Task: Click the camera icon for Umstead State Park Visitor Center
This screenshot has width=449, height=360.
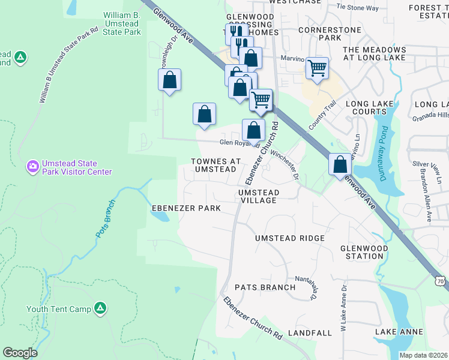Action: [32, 166]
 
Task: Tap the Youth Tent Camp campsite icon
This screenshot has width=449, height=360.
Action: [100, 308]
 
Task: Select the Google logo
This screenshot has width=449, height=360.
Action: [20, 353]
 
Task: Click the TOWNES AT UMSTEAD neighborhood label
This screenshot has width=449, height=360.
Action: [215, 166]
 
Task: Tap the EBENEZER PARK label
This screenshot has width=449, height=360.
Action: [185, 208]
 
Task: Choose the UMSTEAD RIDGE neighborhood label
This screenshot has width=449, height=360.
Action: [289, 238]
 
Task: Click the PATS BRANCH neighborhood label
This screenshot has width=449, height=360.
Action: [265, 287]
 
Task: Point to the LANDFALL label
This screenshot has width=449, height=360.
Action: [310, 332]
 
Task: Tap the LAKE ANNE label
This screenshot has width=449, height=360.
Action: [399, 332]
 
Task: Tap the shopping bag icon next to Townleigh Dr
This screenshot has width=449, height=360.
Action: [170, 79]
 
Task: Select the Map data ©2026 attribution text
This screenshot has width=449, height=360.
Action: [423, 355]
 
